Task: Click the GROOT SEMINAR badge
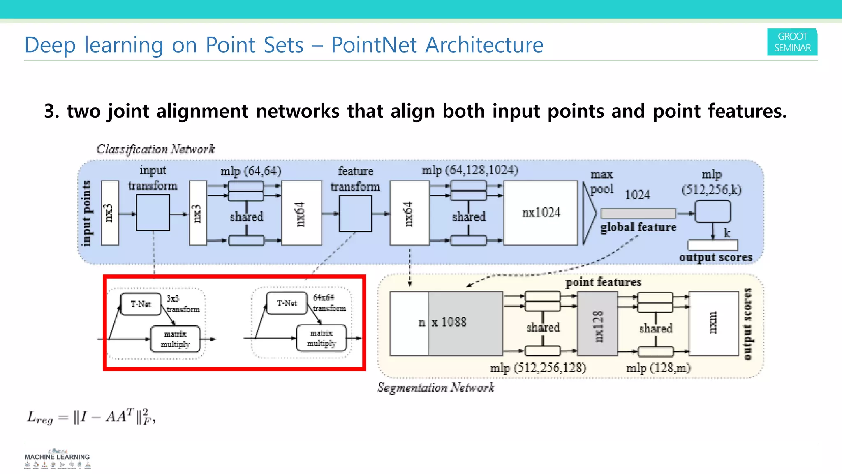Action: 792,42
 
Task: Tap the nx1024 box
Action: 541,213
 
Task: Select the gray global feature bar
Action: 638,213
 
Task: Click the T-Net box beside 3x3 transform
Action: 141,304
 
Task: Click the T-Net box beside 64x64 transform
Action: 287,303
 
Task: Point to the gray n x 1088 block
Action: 465,323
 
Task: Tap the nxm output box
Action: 713,323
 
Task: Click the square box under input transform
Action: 153,213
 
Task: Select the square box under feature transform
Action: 355,213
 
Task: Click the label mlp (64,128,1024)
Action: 470,170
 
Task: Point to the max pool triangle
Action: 588,213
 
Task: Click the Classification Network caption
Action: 155,149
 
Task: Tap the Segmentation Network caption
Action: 436,388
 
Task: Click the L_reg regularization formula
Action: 91,417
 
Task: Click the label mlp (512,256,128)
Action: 538,367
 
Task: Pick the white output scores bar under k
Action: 712,245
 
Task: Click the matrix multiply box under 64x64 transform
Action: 321,338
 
